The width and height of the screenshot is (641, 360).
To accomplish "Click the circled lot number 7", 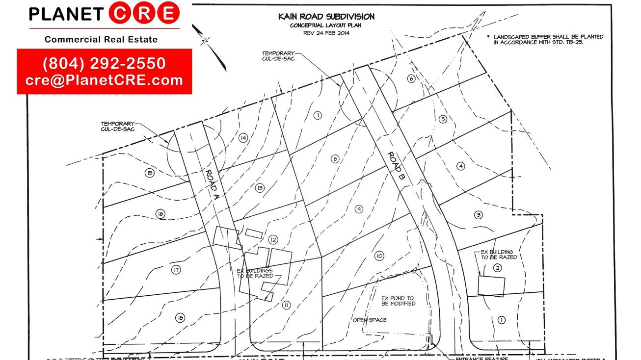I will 318,115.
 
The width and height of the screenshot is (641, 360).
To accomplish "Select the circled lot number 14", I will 242,138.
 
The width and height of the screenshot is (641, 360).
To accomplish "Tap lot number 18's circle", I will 180,318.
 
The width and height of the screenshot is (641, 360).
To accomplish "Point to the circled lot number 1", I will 501,320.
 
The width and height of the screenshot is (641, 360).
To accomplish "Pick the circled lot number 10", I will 378,256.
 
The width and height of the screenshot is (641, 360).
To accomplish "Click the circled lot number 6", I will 411,78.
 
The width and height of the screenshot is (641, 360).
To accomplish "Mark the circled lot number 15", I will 150,172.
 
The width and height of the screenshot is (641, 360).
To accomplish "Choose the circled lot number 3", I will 479,215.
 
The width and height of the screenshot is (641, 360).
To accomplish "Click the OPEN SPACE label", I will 370,320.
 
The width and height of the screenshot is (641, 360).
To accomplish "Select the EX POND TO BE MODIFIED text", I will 398,301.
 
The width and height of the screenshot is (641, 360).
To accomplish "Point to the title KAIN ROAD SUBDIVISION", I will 326,17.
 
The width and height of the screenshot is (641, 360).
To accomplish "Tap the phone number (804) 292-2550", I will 104,64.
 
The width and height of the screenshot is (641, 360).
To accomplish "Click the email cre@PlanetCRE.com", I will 104,80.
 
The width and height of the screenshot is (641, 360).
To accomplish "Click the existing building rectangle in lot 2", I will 491,286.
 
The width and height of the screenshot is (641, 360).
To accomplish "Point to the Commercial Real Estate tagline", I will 101,39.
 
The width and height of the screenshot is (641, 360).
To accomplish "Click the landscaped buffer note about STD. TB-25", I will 548,40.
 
